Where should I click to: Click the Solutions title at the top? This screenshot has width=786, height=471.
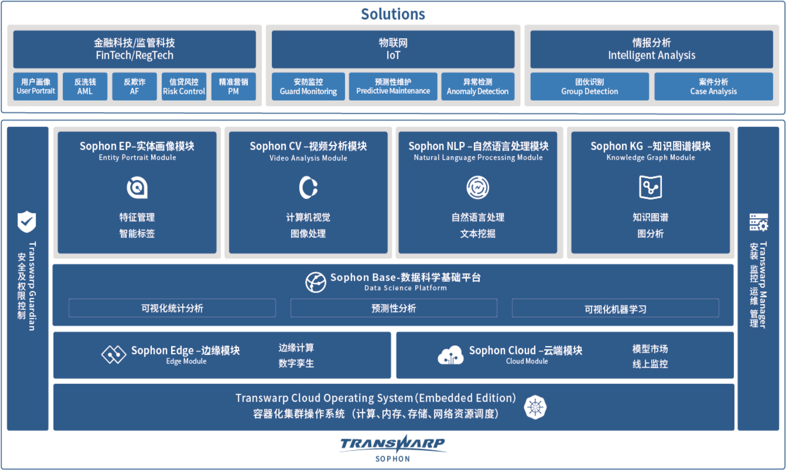point(393,14)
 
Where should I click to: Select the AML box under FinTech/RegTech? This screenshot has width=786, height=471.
point(85,87)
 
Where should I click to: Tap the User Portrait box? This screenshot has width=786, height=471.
point(36,87)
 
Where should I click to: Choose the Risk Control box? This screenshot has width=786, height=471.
point(184,87)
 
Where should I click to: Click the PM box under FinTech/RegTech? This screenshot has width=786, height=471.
point(233,87)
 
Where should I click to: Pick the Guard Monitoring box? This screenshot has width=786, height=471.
point(308,87)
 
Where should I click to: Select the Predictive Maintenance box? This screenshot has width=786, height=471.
point(393,87)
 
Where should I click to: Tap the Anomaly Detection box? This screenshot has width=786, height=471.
point(478,87)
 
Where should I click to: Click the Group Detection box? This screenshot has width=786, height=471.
point(589,87)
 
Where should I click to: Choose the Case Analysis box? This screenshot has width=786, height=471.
point(713,87)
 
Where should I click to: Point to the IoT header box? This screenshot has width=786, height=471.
point(393,49)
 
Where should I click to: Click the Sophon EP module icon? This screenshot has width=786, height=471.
point(137,187)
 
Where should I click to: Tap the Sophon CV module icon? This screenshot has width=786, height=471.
point(308,187)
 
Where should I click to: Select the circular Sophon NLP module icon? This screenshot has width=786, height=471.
point(478,187)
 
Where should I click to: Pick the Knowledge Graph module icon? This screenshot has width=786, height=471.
point(650,187)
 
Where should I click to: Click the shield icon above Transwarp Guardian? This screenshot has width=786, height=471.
point(27,222)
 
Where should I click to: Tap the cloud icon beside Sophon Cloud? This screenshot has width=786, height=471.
point(450,355)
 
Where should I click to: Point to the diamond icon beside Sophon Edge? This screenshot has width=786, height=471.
point(114,354)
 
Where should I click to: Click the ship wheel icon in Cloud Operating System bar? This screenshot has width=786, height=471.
point(535,407)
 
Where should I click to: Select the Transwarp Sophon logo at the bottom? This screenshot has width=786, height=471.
point(393,448)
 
